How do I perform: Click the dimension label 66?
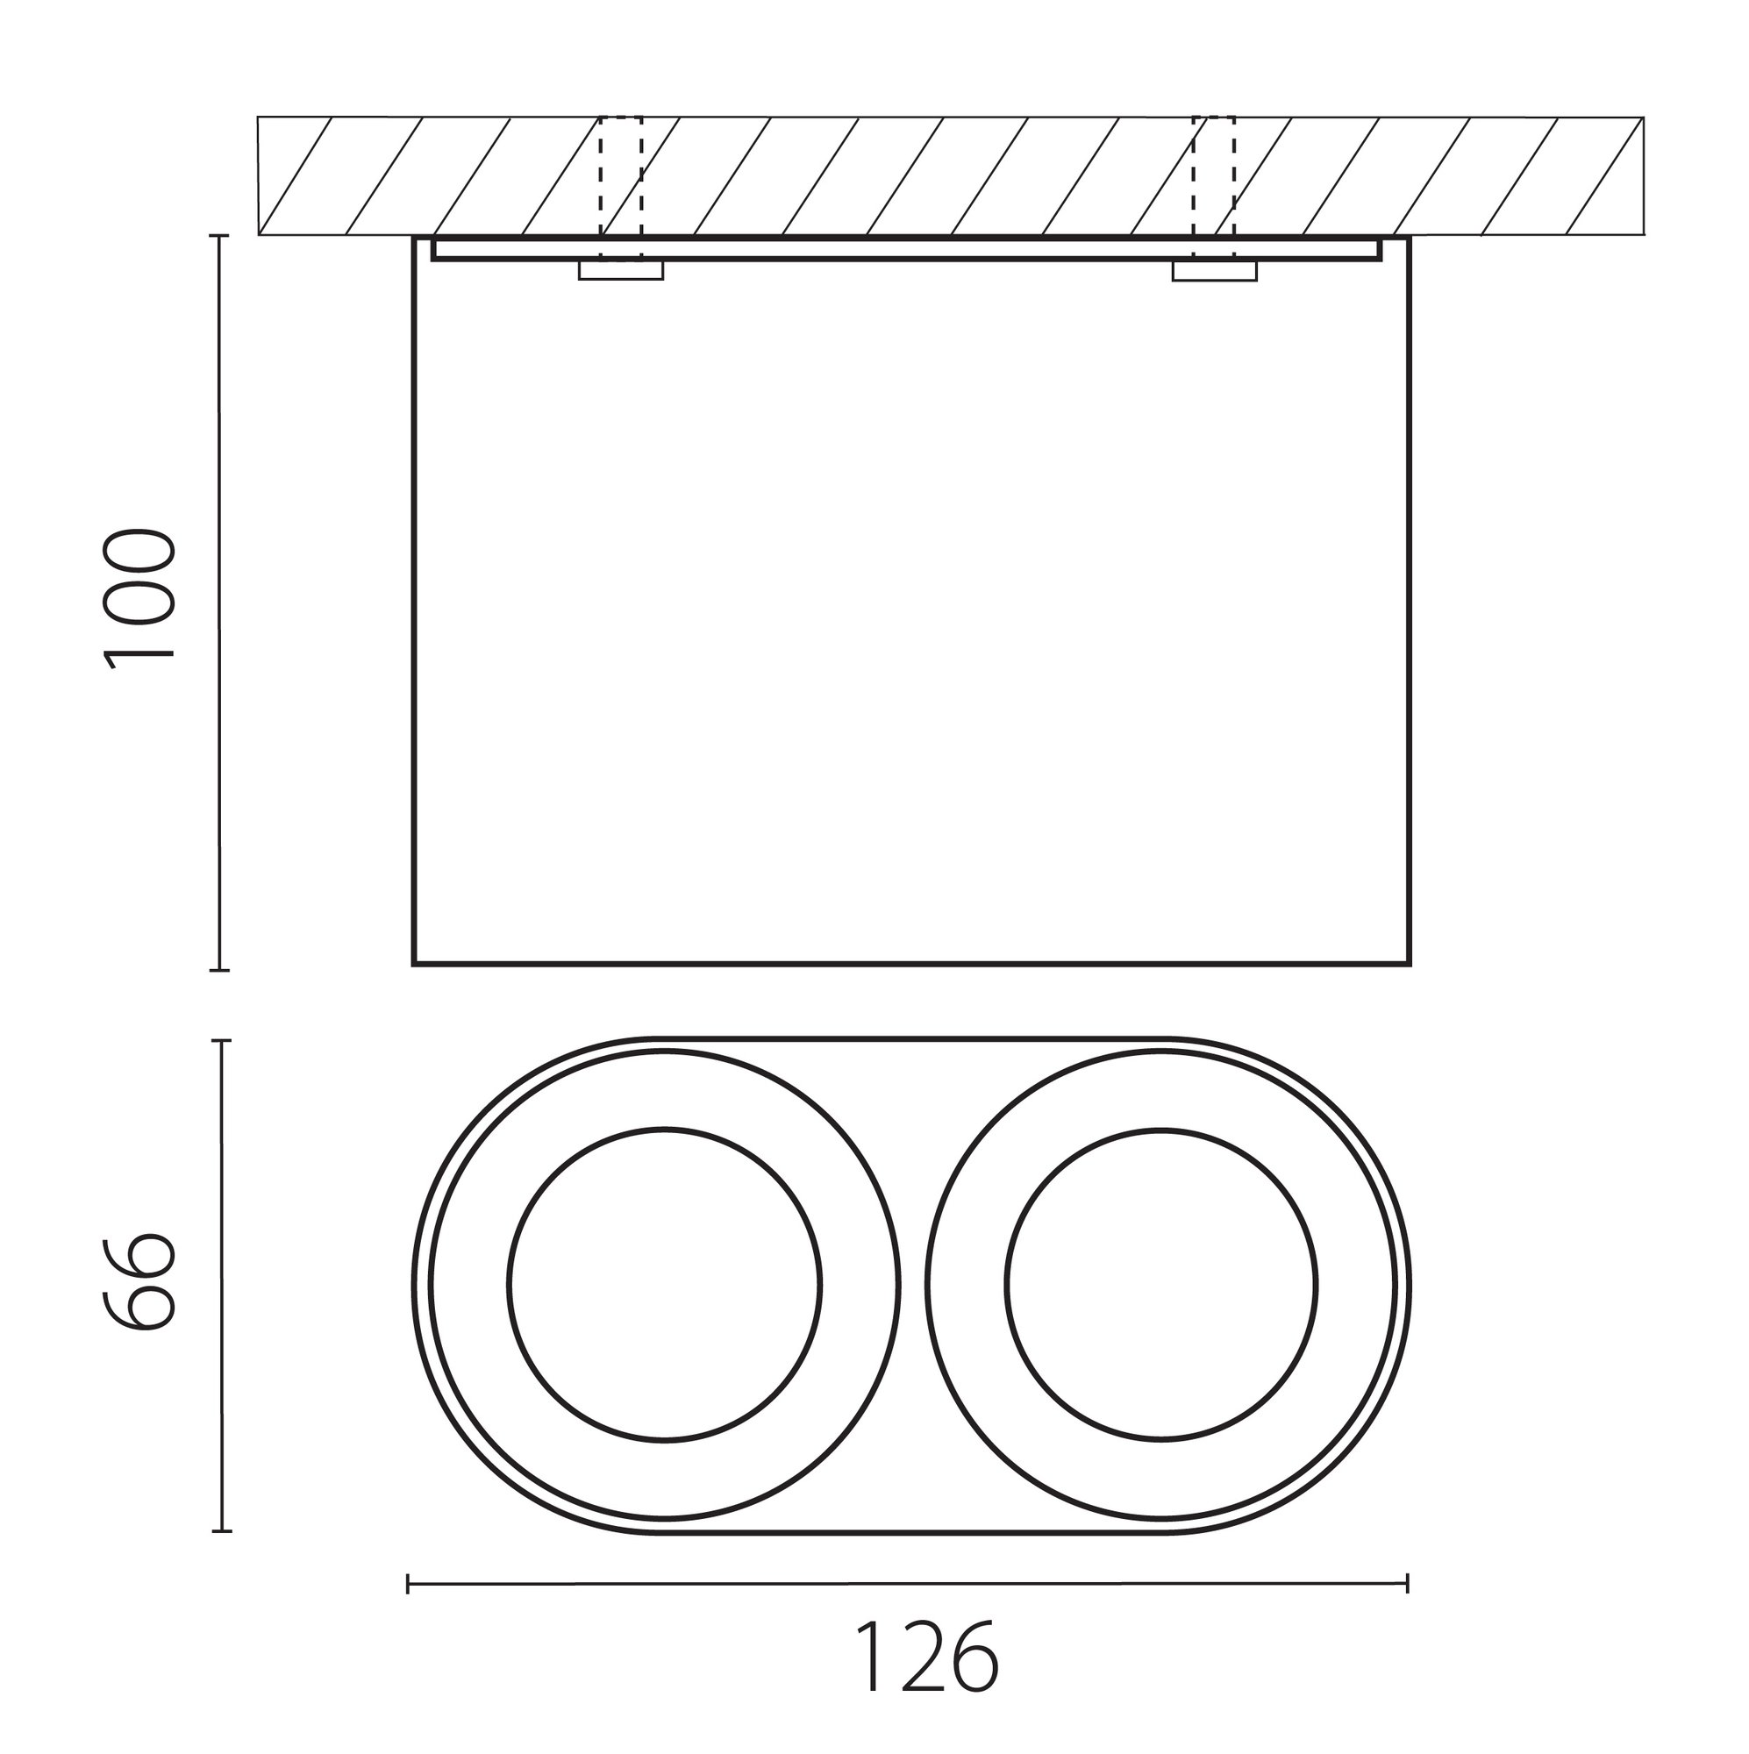138,1282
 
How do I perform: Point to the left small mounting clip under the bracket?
621,270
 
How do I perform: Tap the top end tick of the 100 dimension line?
219,236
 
